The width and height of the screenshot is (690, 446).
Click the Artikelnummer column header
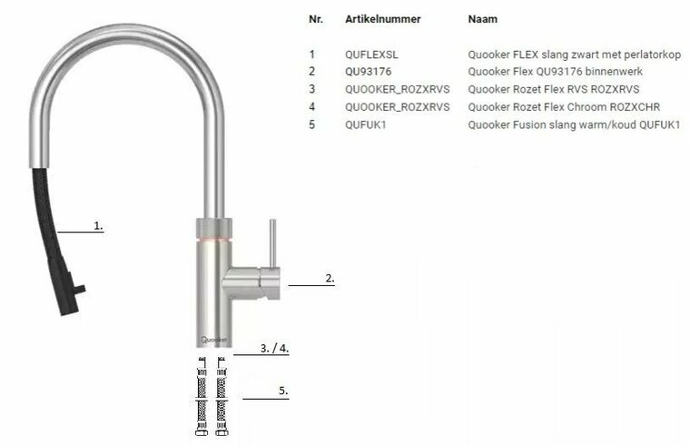pos(383,19)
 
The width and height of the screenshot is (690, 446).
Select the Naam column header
pos(483,19)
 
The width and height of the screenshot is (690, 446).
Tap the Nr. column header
pos(316,19)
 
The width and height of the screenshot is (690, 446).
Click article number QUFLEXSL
pos(371,55)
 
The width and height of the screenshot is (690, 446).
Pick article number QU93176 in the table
pos(368,72)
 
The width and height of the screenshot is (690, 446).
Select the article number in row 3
pos(398,90)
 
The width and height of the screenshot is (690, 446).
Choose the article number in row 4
pos(398,107)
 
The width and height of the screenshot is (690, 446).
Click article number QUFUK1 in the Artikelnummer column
pos(365,125)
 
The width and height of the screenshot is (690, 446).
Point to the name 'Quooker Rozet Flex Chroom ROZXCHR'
pos(564,107)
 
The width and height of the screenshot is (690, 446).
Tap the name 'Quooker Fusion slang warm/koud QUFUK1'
pos(574,125)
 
